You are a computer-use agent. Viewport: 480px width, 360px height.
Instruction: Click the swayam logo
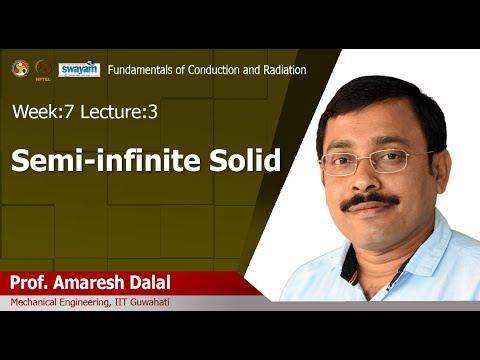tap(78, 69)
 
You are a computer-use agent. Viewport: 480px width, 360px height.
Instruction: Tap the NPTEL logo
tap(43, 69)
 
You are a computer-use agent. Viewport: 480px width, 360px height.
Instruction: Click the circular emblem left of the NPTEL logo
tap(19, 68)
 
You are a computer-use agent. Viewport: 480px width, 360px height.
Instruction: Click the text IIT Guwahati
tap(148, 303)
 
